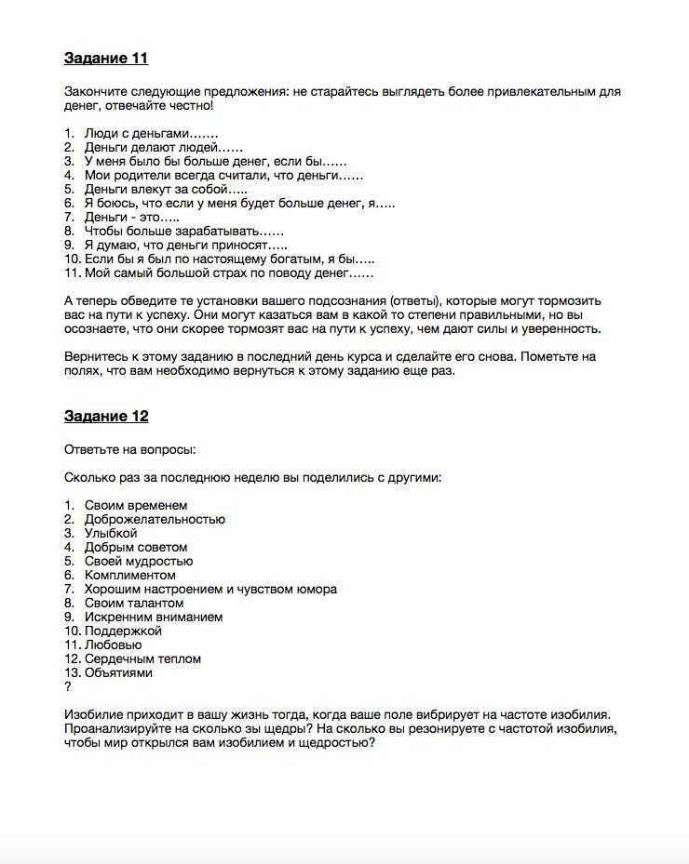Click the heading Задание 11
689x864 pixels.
tap(106, 59)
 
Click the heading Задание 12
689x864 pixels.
tap(106, 417)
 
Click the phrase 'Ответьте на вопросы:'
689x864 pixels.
tap(129, 450)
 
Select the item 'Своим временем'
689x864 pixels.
tap(135, 505)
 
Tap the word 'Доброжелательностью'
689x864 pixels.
tap(155, 519)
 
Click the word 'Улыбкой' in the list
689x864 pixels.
tap(111, 533)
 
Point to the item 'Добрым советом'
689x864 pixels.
tap(136, 547)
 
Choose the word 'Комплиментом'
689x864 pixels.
tap(129, 575)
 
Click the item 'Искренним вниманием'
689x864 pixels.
tap(153, 617)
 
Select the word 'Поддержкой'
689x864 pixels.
tap(123, 631)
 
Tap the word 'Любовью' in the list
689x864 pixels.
tap(113, 645)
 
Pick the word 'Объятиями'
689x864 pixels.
tap(118, 672)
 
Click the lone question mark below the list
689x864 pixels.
tap(68, 686)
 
